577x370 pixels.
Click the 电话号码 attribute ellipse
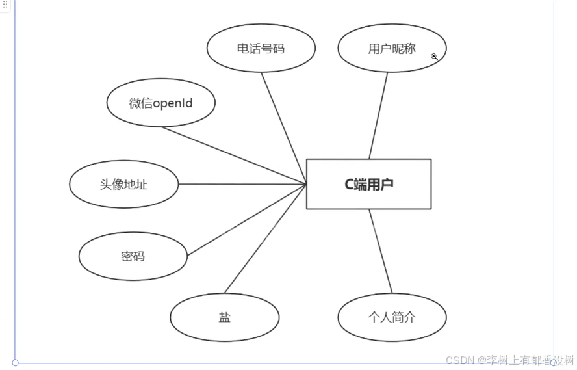261,49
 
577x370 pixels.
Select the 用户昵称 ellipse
392,49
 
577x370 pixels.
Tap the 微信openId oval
160,103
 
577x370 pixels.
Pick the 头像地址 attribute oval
123,184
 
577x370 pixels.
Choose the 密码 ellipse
133,256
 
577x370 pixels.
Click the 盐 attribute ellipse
224,317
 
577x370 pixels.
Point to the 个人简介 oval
392,317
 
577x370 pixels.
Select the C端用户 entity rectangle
368,184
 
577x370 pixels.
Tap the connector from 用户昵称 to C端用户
378,116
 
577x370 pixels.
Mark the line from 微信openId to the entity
234,155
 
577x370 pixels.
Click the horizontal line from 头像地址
242,184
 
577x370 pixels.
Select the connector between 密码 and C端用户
247,220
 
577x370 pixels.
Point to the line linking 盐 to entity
265,239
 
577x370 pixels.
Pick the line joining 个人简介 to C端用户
381,252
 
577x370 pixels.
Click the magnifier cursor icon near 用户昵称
434,57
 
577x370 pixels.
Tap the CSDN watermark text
510,360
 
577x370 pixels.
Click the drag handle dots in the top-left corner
5,5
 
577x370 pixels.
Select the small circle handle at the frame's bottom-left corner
15,362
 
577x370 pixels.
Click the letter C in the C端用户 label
349,184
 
